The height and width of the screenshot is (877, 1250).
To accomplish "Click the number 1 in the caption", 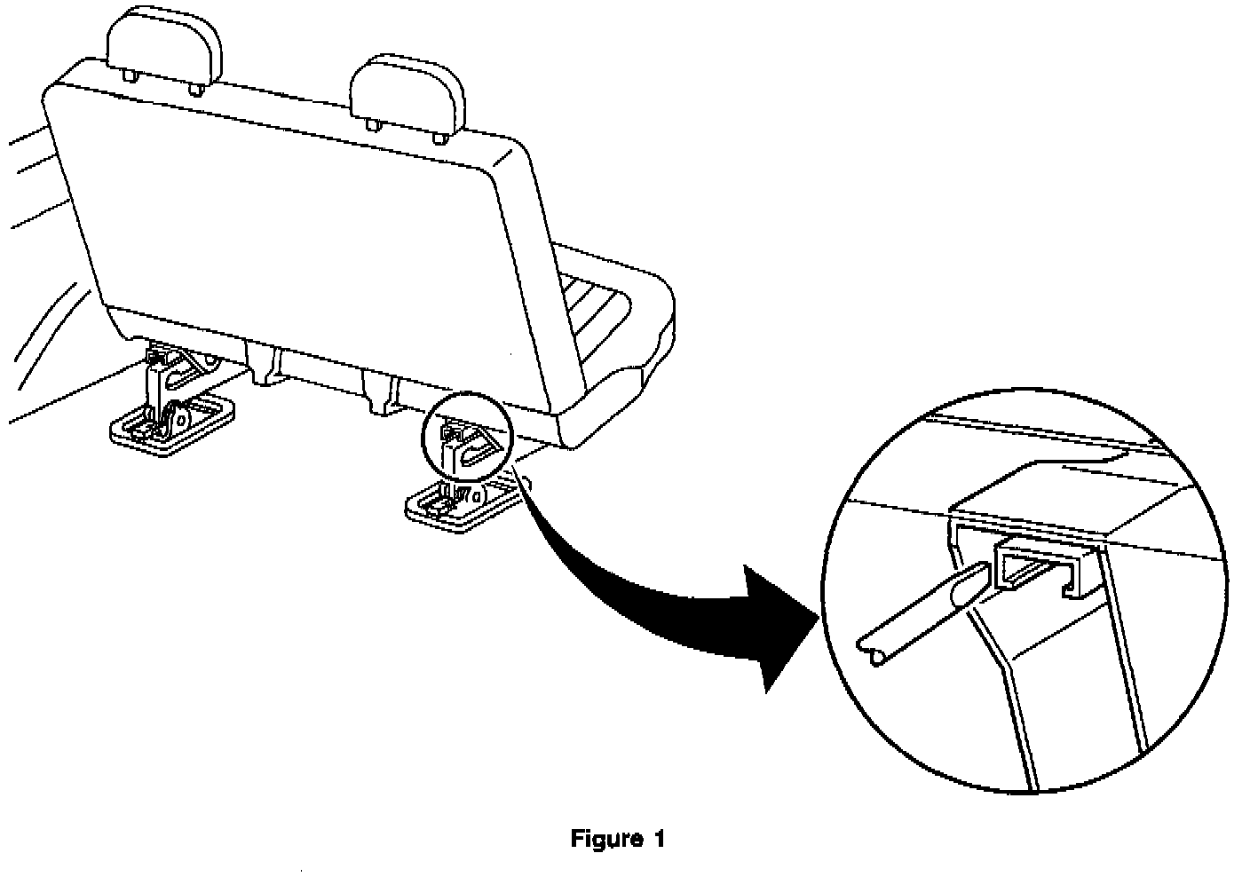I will (x=659, y=838).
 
